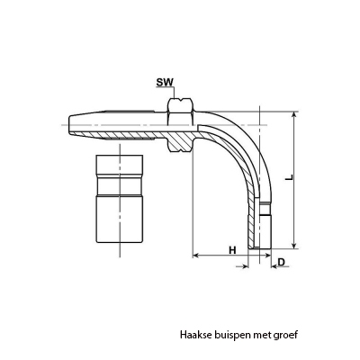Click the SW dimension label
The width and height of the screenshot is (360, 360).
165,82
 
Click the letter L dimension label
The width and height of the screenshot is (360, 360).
289,177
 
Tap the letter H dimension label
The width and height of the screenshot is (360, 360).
232,250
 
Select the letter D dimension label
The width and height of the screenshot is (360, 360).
282,262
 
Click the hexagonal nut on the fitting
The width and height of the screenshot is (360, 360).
180,124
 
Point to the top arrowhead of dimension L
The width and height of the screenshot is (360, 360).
295,115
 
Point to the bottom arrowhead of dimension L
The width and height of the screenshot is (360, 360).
295,244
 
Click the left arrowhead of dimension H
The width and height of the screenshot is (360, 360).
196,256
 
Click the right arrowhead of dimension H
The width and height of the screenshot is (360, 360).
267,256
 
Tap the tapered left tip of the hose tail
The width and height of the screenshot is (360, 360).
71,124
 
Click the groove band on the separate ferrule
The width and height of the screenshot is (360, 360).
120,186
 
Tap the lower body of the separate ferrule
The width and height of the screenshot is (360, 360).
120,220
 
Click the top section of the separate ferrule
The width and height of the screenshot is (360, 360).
120,166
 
